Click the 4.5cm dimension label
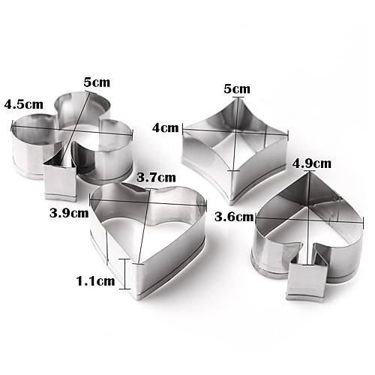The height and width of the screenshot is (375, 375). pos(23,104)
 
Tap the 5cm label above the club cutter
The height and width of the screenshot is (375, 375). pos(97,82)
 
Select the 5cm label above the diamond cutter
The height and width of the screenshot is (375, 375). pos(237,88)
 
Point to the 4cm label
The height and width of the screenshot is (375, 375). pos(166,128)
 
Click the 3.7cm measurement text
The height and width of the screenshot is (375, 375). pos(156,177)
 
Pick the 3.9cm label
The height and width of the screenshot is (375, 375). pos(69,213)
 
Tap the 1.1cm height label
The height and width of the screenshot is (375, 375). pos(95,281)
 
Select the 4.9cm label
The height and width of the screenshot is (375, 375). pos(311,163)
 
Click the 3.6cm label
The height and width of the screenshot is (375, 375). pos(234,217)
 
